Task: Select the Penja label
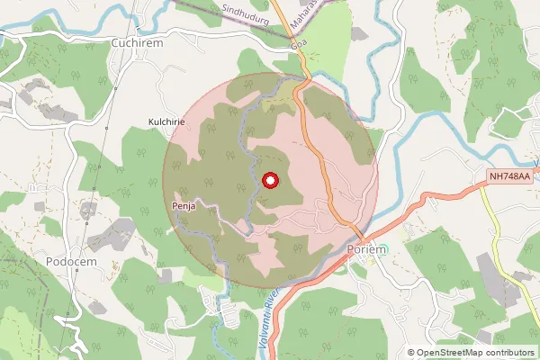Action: [x=183, y=206]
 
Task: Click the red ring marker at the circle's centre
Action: [x=268, y=181]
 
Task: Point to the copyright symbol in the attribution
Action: [x=411, y=353]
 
